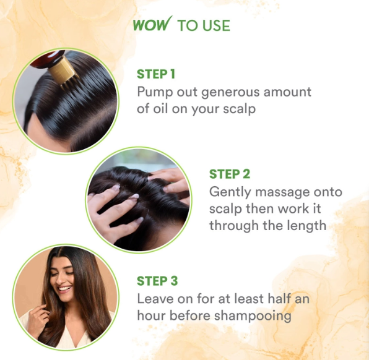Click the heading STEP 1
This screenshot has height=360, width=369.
point(156,74)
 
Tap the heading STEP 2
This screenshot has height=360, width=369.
point(230,174)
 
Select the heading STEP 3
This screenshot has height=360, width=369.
point(157,281)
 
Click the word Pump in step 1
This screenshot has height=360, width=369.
point(155,93)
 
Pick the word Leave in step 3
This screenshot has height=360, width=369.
point(155,299)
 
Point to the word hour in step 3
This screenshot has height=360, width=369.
point(151,315)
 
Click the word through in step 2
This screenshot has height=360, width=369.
point(232,225)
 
